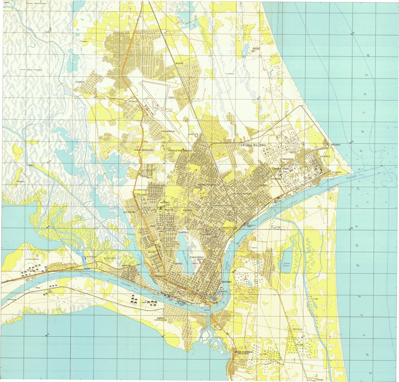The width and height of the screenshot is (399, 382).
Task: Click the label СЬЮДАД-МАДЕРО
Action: coord(251,145)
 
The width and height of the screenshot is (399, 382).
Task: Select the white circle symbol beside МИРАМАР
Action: coord(327,146)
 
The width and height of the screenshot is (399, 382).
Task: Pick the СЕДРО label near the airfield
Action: coord(171,98)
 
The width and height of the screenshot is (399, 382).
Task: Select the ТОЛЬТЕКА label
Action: coord(183,232)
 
